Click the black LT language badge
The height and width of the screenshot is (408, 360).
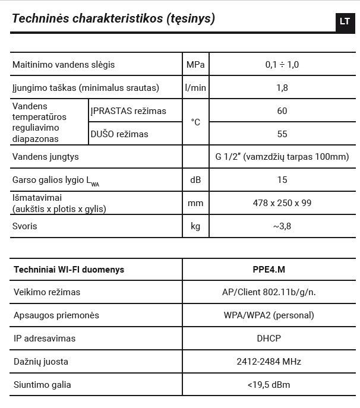(x=345, y=21)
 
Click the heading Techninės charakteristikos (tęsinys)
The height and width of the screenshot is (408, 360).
(x=113, y=18)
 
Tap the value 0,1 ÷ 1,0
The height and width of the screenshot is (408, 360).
(x=282, y=64)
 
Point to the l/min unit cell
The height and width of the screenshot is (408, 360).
(x=195, y=88)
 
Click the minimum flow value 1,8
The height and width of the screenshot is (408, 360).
(x=282, y=88)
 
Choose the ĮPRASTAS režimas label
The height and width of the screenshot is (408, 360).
(x=128, y=111)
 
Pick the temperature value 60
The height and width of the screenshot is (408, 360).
(x=282, y=111)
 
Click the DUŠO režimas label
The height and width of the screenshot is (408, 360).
(x=119, y=134)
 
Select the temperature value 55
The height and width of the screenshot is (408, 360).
(x=282, y=134)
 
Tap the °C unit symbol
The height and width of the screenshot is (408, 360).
(x=195, y=122)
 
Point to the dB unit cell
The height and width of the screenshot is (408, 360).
(x=195, y=180)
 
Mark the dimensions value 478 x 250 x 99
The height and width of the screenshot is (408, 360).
(x=282, y=203)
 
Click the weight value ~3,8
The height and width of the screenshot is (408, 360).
(x=282, y=226)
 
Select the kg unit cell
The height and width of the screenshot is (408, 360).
(x=195, y=226)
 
